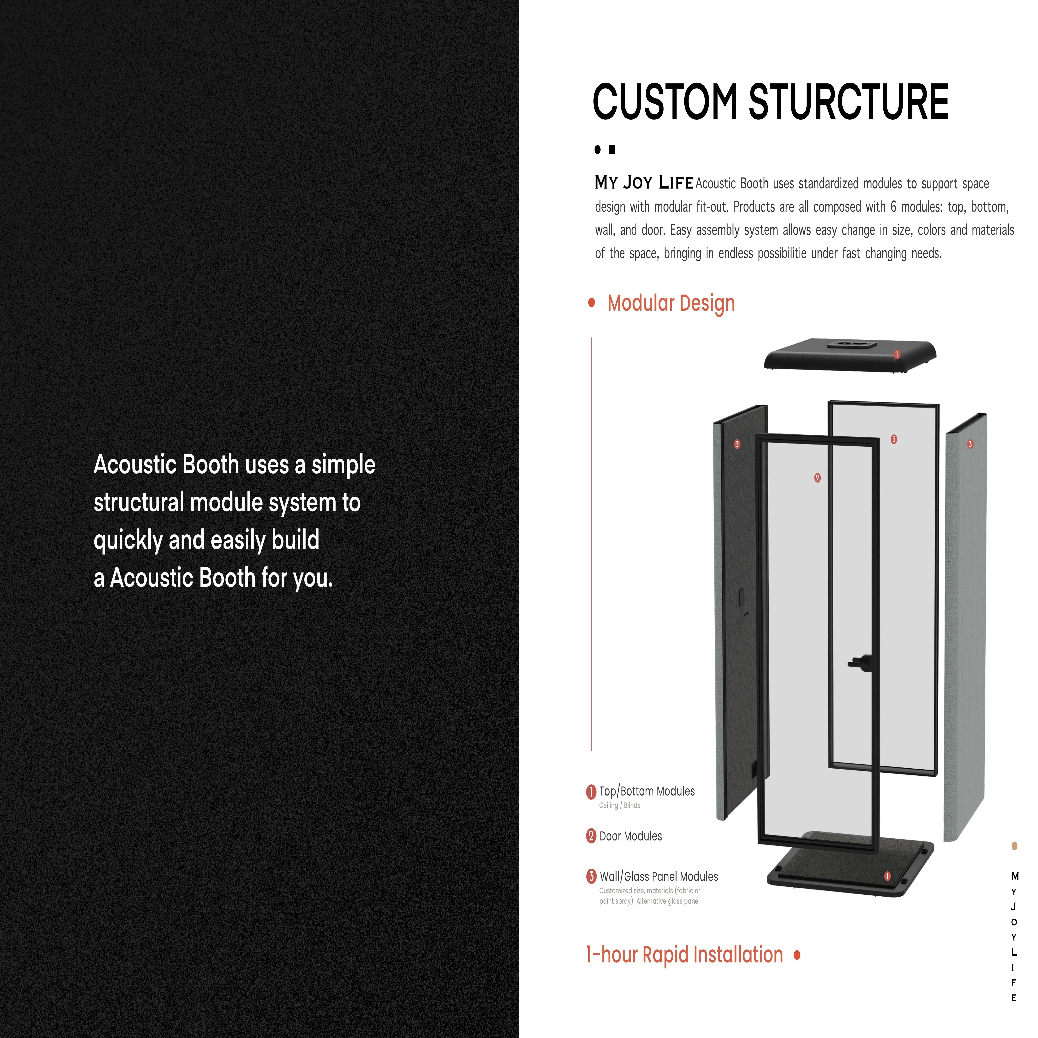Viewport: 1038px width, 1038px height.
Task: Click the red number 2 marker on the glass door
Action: (x=817, y=478)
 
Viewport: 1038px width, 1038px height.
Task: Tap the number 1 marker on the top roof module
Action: (x=897, y=355)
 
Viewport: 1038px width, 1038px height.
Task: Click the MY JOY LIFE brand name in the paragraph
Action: (x=644, y=183)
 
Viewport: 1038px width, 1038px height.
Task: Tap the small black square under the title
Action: (x=612, y=150)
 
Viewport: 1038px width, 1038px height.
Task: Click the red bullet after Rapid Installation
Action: (x=797, y=955)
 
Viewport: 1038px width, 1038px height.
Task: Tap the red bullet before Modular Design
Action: (x=591, y=303)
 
